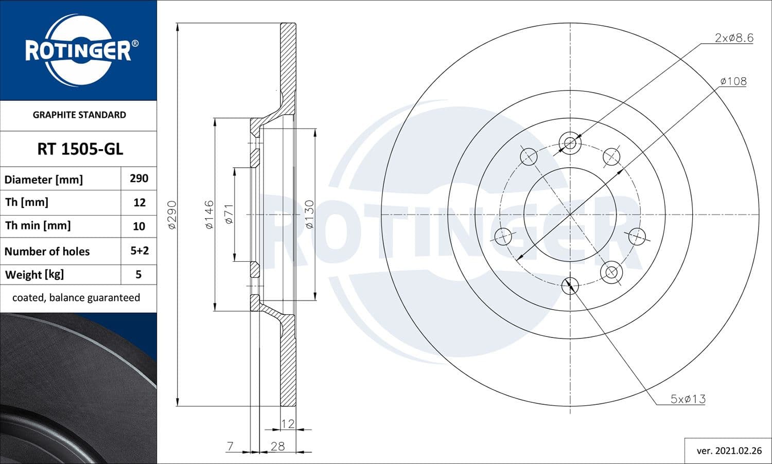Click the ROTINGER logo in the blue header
click(79, 50)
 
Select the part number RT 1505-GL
click(80, 149)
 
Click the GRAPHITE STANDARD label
click(79, 115)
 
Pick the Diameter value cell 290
click(139, 179)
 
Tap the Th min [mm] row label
click(38, 225)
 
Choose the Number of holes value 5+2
click(139, 251)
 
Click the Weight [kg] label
click(34, 274)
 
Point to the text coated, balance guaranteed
click(76, 298)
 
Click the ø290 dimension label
click(172, 215)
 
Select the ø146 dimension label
click(209, 215)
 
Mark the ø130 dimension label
click(309, 215)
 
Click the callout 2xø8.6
click(734, 38)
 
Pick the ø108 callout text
click(733, 81)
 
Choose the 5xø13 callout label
click(688, 399)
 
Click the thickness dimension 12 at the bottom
click(288, 423)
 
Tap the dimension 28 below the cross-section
click(277, 446)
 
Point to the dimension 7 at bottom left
click(230, 446)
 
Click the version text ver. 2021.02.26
click(729, 451)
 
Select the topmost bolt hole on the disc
click(570, 143)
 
